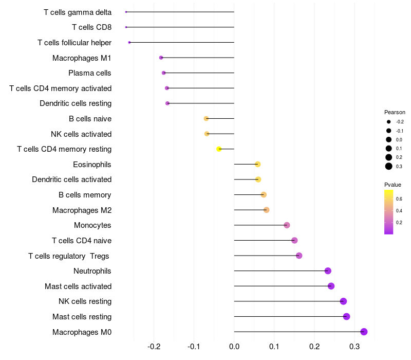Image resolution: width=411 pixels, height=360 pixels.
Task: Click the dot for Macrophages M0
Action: click(x=364, y=332)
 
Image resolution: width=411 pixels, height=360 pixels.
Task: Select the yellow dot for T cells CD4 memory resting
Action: click(x=219, y=149)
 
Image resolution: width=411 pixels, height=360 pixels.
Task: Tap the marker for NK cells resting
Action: click(x=343, y=301)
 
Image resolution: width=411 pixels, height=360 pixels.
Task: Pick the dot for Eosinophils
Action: click(x=257, y=164)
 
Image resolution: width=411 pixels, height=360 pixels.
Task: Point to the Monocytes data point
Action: click(x=287, y=225)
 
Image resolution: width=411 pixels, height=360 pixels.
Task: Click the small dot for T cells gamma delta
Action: click(x=126, y=12)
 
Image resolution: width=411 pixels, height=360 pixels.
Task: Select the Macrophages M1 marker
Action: click(x=161, y=58)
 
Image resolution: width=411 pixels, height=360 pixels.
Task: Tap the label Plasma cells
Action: click(x=90, y=73)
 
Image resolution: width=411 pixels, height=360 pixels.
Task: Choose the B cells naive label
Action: click(x=90, y=119)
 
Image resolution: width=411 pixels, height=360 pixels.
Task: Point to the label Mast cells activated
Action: click(x=78, y=286)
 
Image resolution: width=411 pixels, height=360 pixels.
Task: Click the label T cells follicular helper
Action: click(x=74, y=43)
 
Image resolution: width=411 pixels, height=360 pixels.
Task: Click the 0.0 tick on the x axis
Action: click(x=234, y=347)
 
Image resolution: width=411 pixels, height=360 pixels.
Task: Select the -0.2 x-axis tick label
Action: click(x=154, y=347)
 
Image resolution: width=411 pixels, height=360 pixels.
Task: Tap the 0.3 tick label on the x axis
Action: click(x=354, y=347)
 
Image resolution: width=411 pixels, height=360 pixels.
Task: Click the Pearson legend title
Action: click(x=395, y=112)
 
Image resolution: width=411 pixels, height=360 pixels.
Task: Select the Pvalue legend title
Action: click(x=393, y=185)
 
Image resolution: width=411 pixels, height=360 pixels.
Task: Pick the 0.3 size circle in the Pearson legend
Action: click(x=389, y=166)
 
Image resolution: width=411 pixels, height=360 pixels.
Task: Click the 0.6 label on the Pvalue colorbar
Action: click(x=399, y=199)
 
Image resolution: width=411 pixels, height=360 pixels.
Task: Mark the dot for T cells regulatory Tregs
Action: click(x=299, y=256)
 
